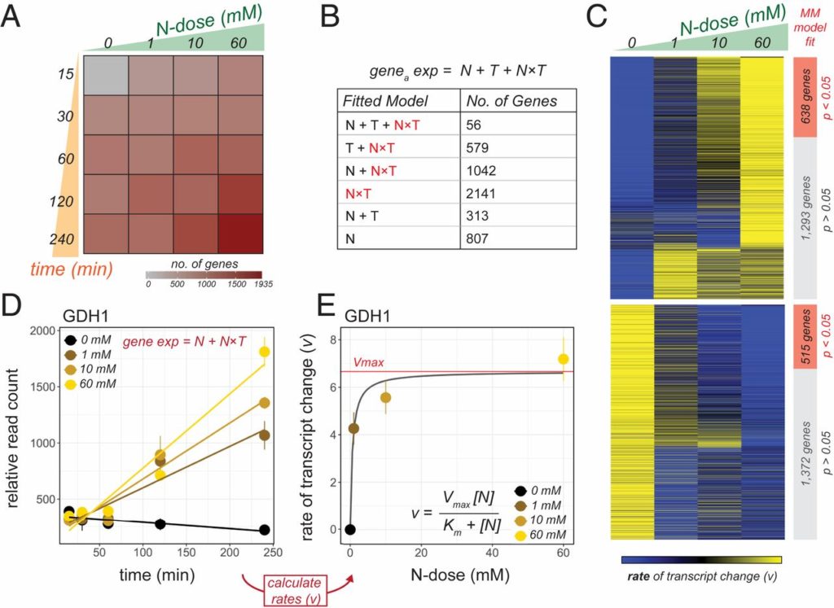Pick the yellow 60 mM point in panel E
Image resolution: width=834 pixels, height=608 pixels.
[x=563, y=359]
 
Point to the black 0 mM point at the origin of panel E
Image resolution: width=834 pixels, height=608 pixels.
[x=349, y=529]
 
